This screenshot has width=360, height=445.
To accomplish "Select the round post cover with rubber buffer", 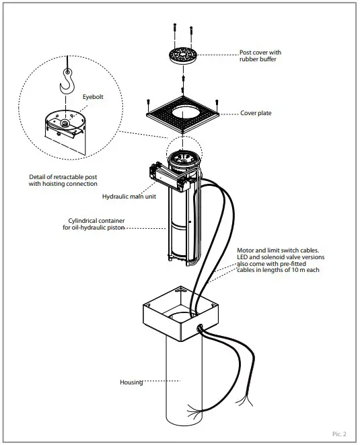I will [184, 56].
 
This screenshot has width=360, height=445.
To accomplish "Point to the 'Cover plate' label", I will [256, 113].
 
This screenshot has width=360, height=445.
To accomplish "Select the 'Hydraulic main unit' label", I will [125, 196].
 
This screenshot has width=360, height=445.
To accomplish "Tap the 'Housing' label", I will [131, 382].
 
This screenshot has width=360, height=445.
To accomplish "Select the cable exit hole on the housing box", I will [200, 327].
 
